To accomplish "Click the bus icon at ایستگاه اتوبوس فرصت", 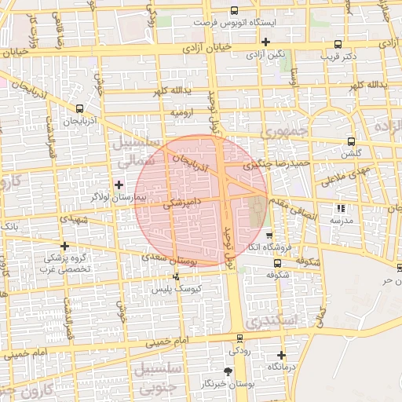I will point(234,11).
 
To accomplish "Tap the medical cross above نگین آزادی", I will point(266,41).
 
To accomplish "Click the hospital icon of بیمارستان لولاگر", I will point(119,185).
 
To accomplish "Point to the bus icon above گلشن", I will point(351,142).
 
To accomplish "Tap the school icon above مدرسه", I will point(341,208).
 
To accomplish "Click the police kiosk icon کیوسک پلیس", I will point(175,276).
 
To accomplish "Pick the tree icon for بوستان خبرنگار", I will point(228,371).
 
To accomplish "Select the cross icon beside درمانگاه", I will point(281,355).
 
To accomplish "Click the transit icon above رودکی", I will point(240,340).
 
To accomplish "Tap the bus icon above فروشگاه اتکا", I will point(269,236).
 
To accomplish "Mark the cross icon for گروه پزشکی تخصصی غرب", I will point(64,247).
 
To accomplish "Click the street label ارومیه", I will point(183,114).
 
